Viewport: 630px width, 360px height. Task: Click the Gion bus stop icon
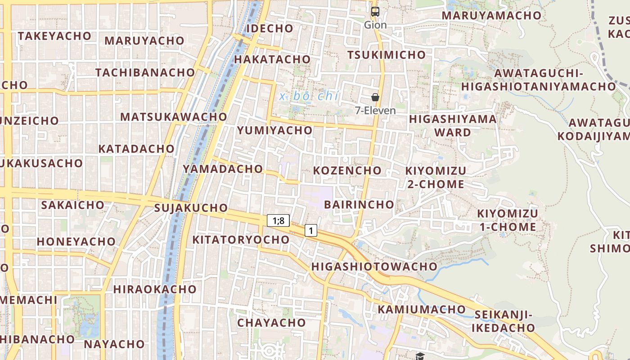coord(375,12)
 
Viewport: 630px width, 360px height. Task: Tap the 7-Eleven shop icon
coord(375,97)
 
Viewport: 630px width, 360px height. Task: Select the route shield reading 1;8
coord(278,220)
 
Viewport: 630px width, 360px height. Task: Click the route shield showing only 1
coord(310,230)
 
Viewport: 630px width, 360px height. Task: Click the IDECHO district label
coord(270,28)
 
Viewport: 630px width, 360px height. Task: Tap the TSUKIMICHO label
coord(386,55)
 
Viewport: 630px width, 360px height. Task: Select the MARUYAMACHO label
coord(491,15)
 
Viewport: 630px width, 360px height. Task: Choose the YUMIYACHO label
coord(274,130)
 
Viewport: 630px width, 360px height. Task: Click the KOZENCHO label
coord(347,171)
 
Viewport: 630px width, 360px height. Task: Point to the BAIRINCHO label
coord(359,204)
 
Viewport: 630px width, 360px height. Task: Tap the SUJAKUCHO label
coord(191,208)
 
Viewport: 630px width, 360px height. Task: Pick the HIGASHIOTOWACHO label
coord(374,266)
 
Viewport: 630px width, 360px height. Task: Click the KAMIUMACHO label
coord(421,309)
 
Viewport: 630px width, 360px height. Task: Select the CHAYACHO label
coord(271,323)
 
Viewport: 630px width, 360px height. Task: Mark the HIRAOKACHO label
coord(155,289)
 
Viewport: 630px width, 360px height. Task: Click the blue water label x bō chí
coord(308,96)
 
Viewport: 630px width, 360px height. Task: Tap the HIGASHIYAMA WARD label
coord(453,126)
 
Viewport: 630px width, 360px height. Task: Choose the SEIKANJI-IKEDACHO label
coord(503,321)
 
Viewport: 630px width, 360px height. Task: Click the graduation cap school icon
coord(420,356)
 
